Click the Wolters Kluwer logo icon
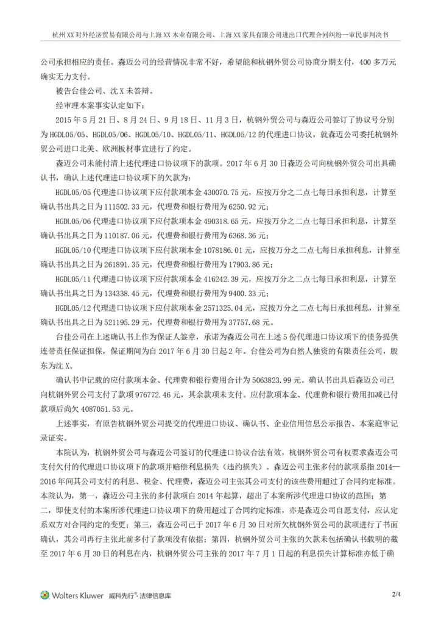click(44, 595)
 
